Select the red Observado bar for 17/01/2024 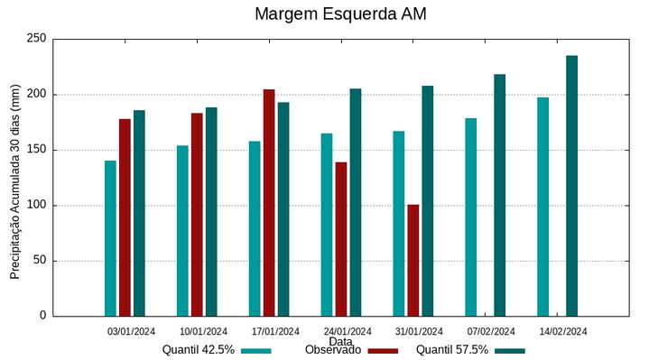click(269, 202)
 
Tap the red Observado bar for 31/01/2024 click(413, 260)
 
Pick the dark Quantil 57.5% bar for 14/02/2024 click(571, 185)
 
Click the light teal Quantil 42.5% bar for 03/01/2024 click(110, 238)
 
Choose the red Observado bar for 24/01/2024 click(341, 238)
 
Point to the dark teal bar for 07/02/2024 click(499, 194)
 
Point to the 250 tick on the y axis click(36, 39)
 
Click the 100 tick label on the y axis click(36, 206)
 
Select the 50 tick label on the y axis click(39, 261)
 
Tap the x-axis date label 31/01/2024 click(420, 331)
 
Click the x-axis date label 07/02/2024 click(492, 331)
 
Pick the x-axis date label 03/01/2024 click(132, 331)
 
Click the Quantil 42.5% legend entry click(217, 350)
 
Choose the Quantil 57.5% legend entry click(470, 350)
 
